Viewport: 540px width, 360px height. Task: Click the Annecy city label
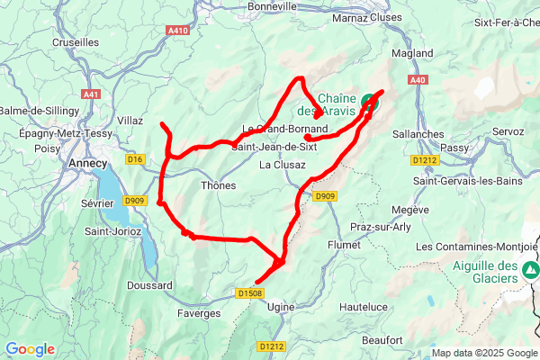[x=88, y=164]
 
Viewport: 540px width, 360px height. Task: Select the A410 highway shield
[x=178, y=30]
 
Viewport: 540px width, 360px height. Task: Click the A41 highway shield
[x=91, y=94]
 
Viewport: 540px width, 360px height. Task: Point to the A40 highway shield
[x=417, y=81]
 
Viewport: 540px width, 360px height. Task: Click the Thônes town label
[x=218, y=185]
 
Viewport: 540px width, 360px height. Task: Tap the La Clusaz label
[x=283, y=165]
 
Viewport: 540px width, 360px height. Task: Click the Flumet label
[x=344, y=244]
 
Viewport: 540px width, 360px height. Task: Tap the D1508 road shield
[x=251, y=292]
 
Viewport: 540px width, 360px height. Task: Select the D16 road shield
[x=136, y=159]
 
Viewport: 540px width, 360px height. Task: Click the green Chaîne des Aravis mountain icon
[x=370, y=102]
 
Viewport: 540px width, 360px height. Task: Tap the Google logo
[x=30, y=349]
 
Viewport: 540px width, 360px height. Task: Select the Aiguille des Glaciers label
[x=484, y=272]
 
